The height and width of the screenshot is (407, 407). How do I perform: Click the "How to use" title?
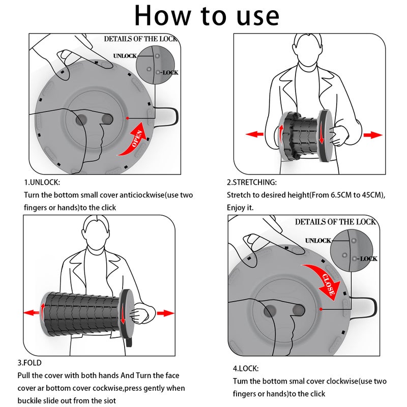[x=207, y=16]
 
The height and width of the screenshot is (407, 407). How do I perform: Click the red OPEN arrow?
[x=134, y=140]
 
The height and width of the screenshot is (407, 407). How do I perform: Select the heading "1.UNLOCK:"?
[x=42, y=182]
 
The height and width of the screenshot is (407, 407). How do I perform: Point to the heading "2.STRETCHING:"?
[x=252, y=182]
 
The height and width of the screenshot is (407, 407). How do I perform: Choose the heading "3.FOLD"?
[x=30, y=363]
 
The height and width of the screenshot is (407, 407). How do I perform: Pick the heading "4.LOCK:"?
[x=246, y=368]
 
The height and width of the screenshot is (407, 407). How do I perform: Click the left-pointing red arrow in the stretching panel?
[x=255, y=134]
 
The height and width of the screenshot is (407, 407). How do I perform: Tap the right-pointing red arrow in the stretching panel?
[x=373, y=135]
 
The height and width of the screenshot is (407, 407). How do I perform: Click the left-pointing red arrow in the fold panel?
[x=32, y=312]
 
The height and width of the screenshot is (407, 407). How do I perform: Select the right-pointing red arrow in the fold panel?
[x=166, y=313]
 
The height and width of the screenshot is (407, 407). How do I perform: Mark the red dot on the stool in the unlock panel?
[x=128, y=118]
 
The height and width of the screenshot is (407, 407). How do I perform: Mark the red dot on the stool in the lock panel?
[x=321, y=309]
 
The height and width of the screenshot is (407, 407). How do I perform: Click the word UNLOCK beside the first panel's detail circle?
[x=125, y=56]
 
